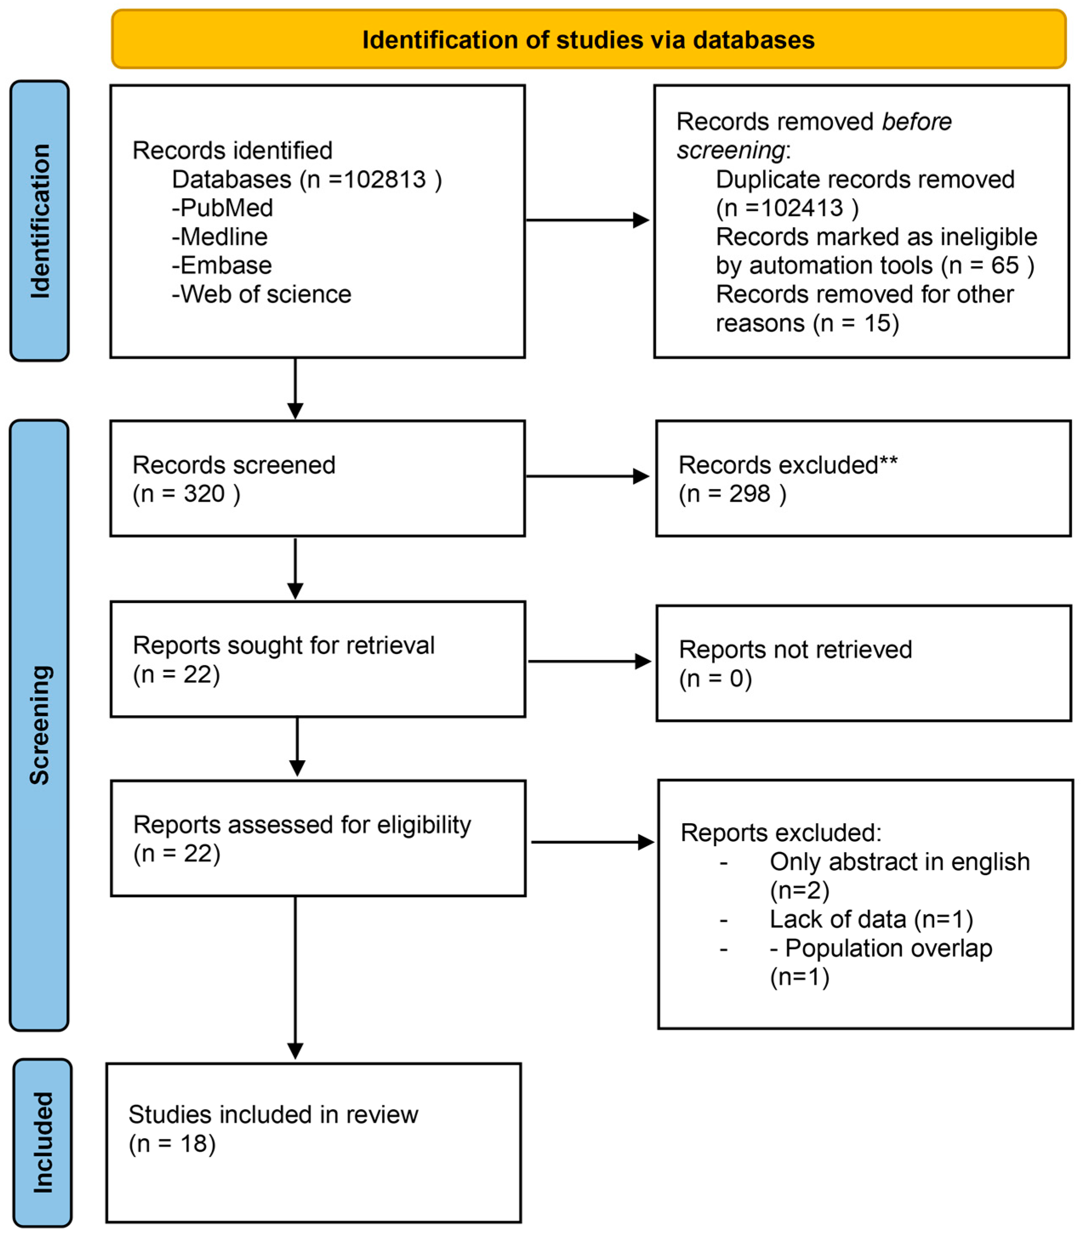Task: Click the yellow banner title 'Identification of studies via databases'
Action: pyautogui.click(x=588, y=40)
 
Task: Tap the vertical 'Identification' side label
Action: pyautogui.click(x=40, y=221)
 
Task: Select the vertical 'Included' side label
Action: pyautogui.click(x=42, y=1142)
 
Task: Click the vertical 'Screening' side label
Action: pyautogui.click(x=40, y=725)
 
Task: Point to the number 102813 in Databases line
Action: pyautogui.click(x=385, y=179)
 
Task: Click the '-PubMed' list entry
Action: pyautogui.click(x=222, y=208)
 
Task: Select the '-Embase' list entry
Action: pyautogui.click(x=222, y=265)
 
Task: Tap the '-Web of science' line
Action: pyautogui.click(x=261, y=294)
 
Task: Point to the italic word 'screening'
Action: pyautogui.click(x=730, y=151)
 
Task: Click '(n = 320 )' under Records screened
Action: pyautogui.click(x=186, y=494)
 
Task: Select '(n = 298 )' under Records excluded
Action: pyautogui.click(x=732, y=494)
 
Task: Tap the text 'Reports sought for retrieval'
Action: pyautogui.click(x=284, y=645)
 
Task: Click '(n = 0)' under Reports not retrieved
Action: pyautogui.click(x=715, y=679)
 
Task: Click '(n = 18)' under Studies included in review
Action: pyautogui.click(x=172, y=1144)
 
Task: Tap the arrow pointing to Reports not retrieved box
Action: pyautogui.click(x=589, y=661)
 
